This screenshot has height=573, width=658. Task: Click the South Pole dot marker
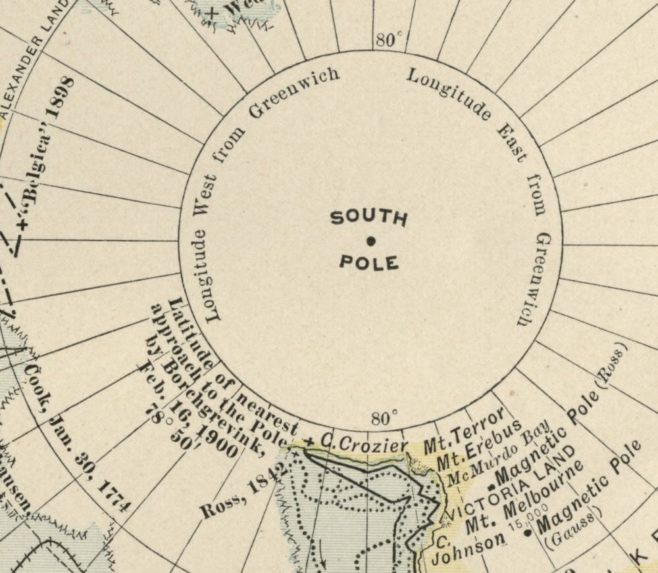coord(370,241)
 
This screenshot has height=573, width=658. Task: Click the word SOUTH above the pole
coord(368,218)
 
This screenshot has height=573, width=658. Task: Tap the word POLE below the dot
coord(369,264)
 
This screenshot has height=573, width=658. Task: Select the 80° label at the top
coord(389,40)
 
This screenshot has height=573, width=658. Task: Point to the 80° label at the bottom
coord(384,419)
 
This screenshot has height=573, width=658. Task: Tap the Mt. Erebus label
coord(482,446)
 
